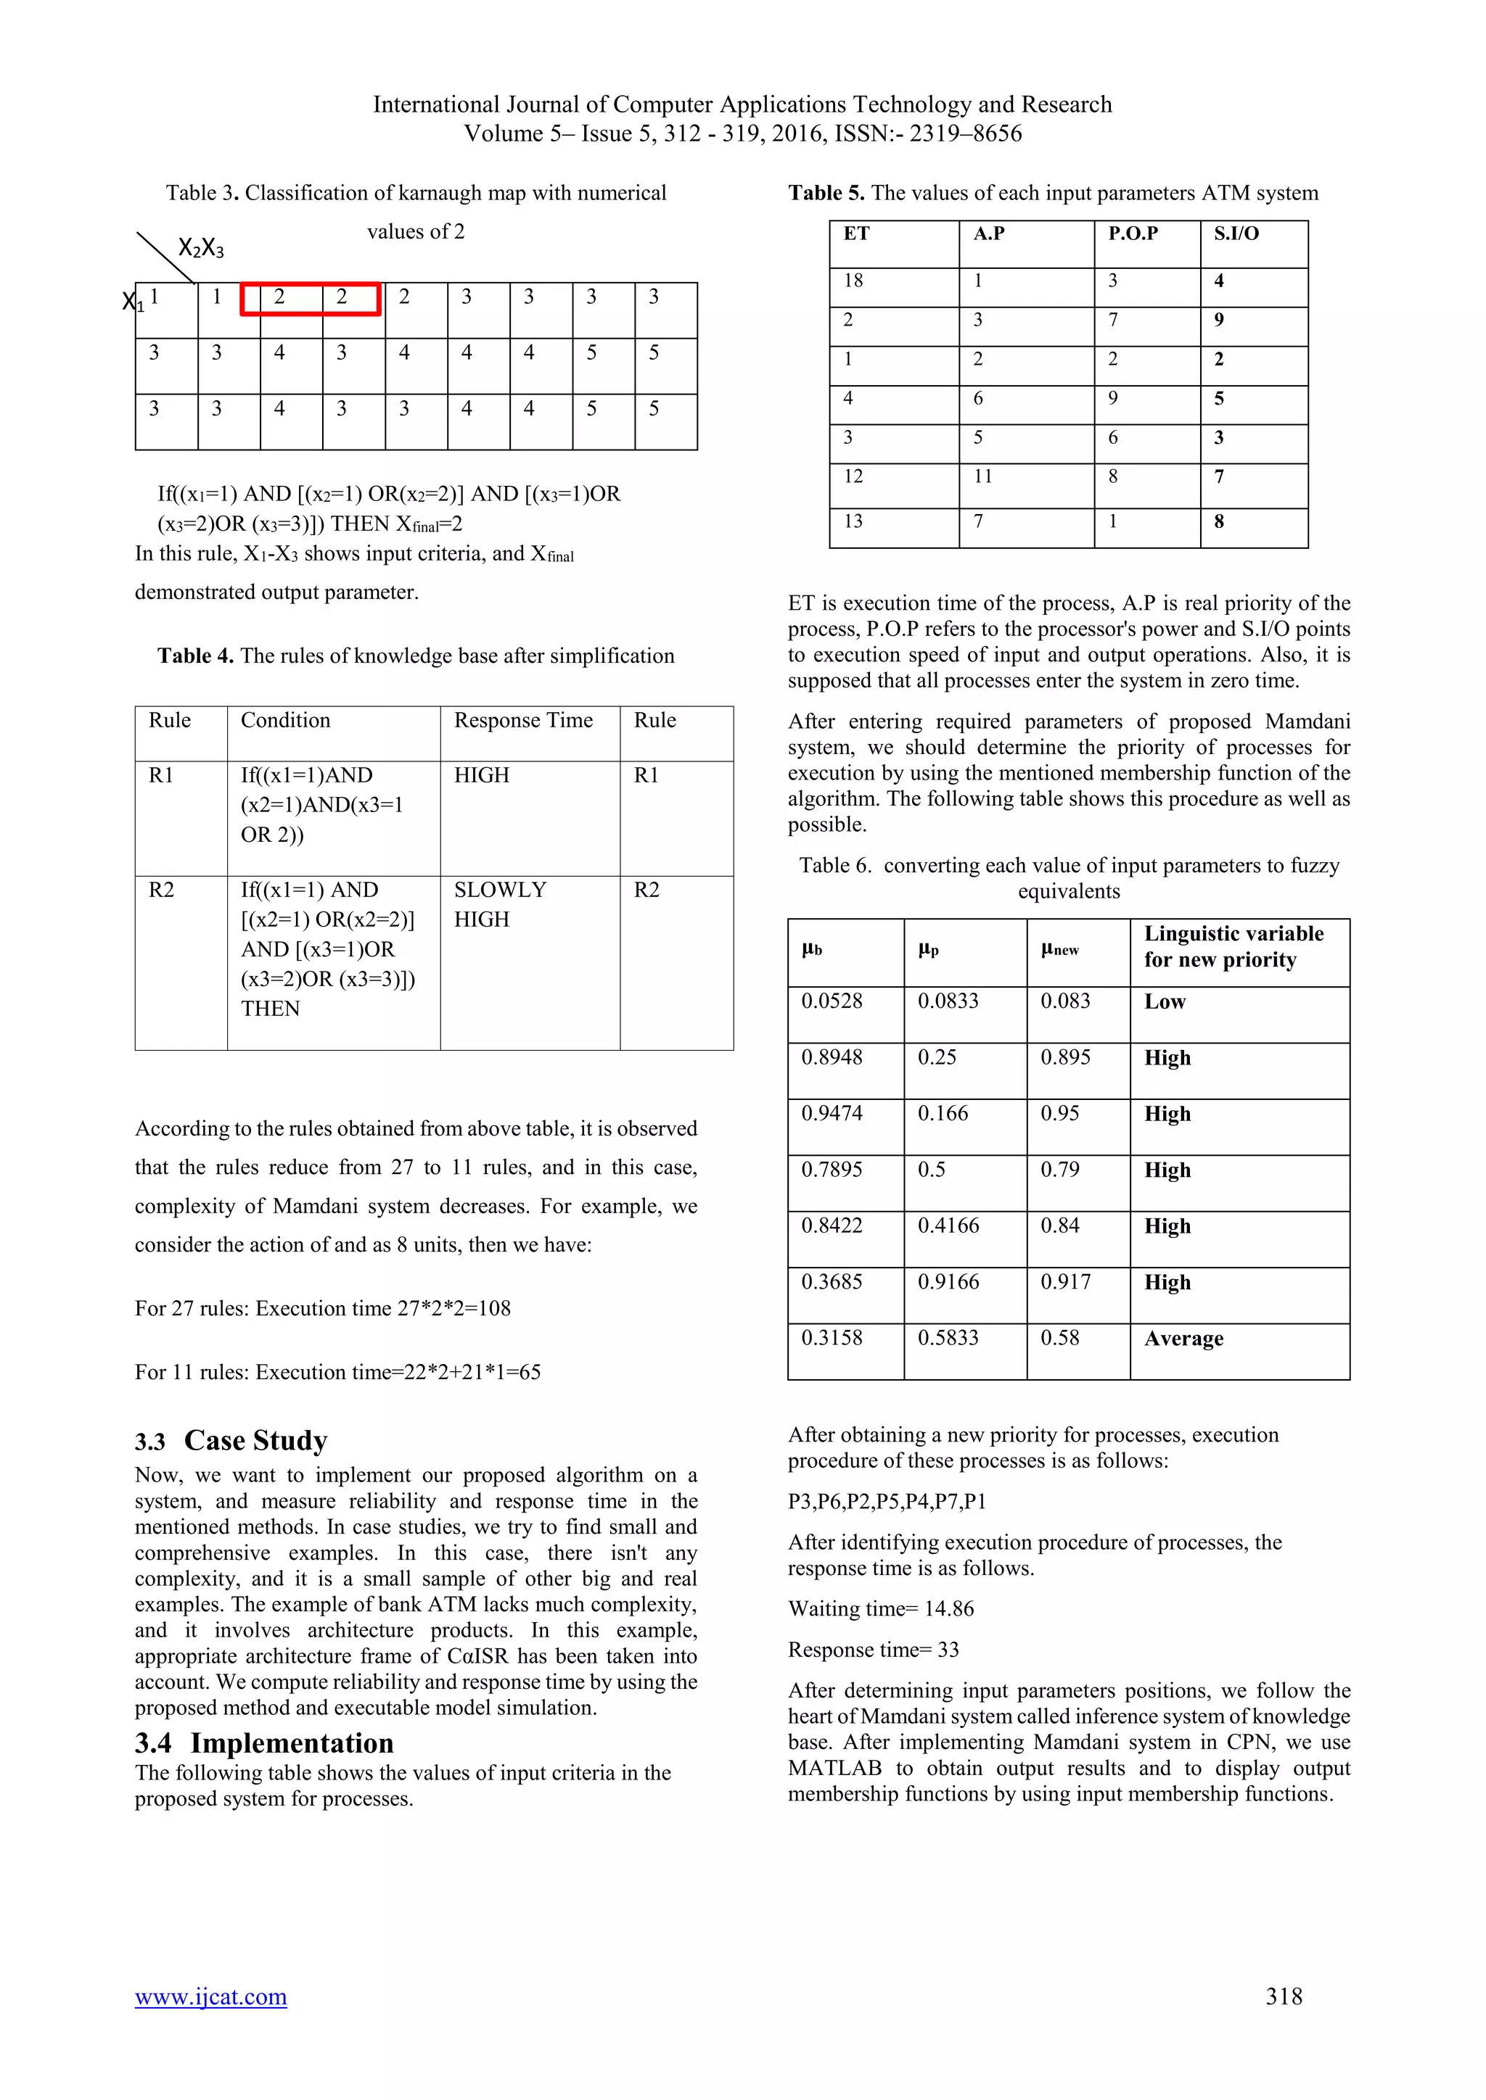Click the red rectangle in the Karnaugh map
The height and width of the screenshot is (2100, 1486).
click(x=311, y=299)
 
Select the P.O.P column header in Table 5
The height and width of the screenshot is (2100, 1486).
click(x=1133, y=234)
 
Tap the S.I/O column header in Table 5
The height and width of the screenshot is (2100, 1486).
click(x=1236, y=234)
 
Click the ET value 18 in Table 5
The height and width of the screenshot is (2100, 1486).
click(x=853, y=281)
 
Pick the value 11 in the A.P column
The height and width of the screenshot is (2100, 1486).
click(x=982, y=476)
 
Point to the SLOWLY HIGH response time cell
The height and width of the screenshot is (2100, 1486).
click(x=500, y=904)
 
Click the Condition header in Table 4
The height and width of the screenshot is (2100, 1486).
click(x=285, y=721)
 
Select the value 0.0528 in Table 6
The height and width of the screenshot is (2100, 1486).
click(x=832, y=1001)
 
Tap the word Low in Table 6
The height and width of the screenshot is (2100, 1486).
click(x=1165, y=1002)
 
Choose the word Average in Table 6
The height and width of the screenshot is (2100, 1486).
click(x=1183, y=1339)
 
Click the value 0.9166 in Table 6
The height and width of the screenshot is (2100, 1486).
click(x=948, y=1282)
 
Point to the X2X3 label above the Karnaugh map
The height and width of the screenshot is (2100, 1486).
click(x=200, y=248)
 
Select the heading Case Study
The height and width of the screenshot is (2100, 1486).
click(x=255, y=1442)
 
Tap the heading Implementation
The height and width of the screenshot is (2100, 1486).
click(x=291, y=1743)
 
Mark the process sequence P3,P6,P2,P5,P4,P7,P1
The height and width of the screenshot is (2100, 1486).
click(x=887, y=1502)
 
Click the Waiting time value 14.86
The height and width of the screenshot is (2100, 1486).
click(x=949, y=1609)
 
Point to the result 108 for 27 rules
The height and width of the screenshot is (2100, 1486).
click(x=494, y=1309)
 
